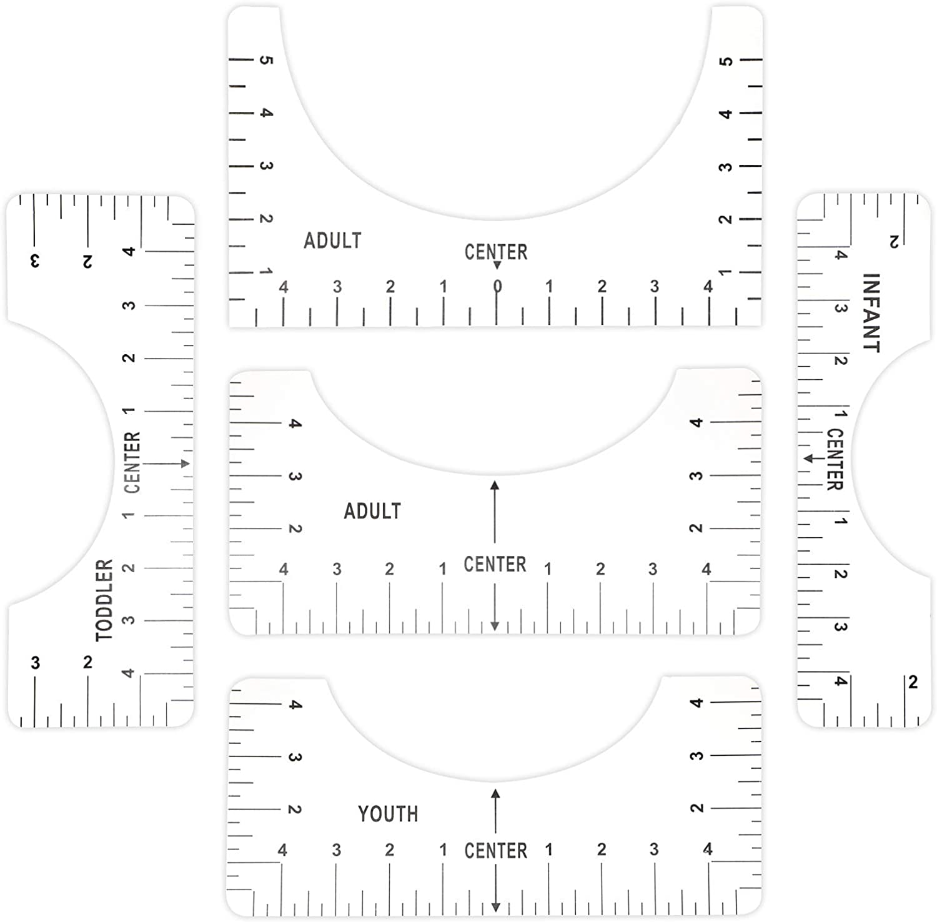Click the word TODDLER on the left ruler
[104, 600]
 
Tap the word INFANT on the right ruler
[871, 312]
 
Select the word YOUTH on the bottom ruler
[388, 814]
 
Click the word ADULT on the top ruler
[332, 240]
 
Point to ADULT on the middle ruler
[372, 511]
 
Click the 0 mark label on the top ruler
[497, 287]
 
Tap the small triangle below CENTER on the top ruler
[497, 265]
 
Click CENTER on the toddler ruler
[132, 462]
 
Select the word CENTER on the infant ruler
[835, 459]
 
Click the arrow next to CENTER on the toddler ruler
[166, 463]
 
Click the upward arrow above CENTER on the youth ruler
[495, 811]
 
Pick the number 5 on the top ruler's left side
[266, 60]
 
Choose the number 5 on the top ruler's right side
[725, 61]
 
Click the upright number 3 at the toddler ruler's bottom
[35, 663]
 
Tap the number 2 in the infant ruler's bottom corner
[913, 682]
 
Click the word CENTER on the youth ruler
[496, 851]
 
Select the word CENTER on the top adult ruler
[496, 252]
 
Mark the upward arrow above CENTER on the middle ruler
[495, 512]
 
